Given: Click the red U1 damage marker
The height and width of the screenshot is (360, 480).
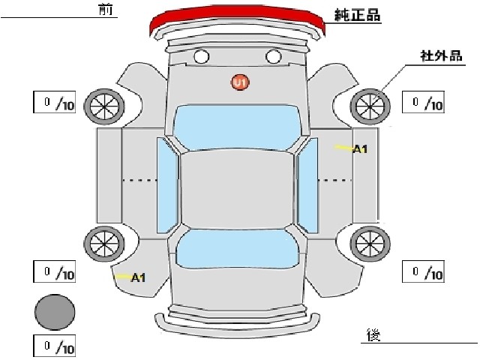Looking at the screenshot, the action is (x=240, y=82).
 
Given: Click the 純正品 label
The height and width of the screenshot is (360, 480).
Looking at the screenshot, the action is (x=357, y=14).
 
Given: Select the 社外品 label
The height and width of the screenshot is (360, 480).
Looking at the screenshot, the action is (x=441, y=55).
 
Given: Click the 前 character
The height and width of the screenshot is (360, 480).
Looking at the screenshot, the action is (x=106, y=9).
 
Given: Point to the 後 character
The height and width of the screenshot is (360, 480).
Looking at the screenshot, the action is (x=373, y=335).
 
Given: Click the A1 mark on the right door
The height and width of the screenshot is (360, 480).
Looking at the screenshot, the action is (x=360, y=149).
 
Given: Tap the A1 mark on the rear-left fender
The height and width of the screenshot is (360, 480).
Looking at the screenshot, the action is (x=138, y=278).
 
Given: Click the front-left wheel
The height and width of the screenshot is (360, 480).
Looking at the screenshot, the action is (x=104, y=106).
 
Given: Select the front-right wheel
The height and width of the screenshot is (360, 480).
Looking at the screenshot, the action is (x=370, y=106).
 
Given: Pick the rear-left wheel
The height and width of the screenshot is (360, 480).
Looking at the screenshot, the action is (x=104, y=244).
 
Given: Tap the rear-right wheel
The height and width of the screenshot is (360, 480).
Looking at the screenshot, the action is (x=370, y=244).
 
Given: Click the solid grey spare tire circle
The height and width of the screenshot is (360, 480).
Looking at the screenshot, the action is (x=55, y=312).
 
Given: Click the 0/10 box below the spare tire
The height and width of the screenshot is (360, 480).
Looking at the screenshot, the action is (x=55, y=346).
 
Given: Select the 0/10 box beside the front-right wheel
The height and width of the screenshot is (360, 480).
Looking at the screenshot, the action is (x=423, y=102).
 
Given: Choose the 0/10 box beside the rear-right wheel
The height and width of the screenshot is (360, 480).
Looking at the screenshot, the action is (x=423, y=271).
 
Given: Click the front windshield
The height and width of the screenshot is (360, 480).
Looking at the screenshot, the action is (x=237, y=127).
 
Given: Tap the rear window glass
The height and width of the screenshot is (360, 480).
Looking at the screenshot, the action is (x=238, y=249).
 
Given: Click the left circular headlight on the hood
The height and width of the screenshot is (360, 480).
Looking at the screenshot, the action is (x=202, y=57).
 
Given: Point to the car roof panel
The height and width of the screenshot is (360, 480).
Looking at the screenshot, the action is (x=237, y=190).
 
